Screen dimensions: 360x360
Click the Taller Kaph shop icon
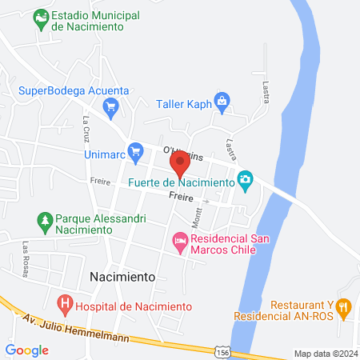pyautogui.click(x=222, y=100)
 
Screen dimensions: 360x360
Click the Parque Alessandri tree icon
pyautogui.click(x=45, y=218)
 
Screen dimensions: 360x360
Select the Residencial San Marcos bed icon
pyautogui.click(x=180, y=239)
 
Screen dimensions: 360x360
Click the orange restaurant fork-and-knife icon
pyautogui.click(x=343, y=305)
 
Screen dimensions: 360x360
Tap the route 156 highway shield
pyautogui.click(x=223, y=350)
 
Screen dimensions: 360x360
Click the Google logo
pyautogui.click(x=26, y=350)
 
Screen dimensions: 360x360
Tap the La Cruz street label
pyautogui.click(x=87, y=129)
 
